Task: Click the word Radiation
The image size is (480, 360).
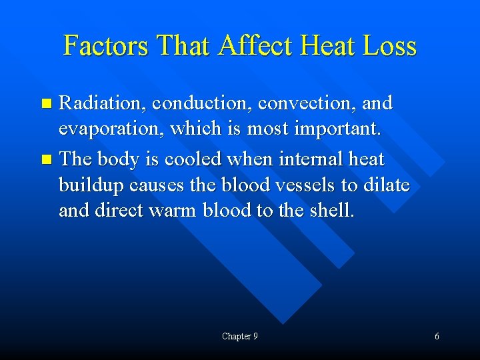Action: pyautogui.click(x=103, y=103)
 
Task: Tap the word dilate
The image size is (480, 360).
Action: pyautogui.click(x=386, y=185)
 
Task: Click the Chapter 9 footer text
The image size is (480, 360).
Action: pyautogui.click(x=240, y=337)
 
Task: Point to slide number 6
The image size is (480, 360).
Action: pyautogui.click(x=437, y=337)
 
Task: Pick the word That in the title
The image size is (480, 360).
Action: pyautogui.click(x=184, y=45)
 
